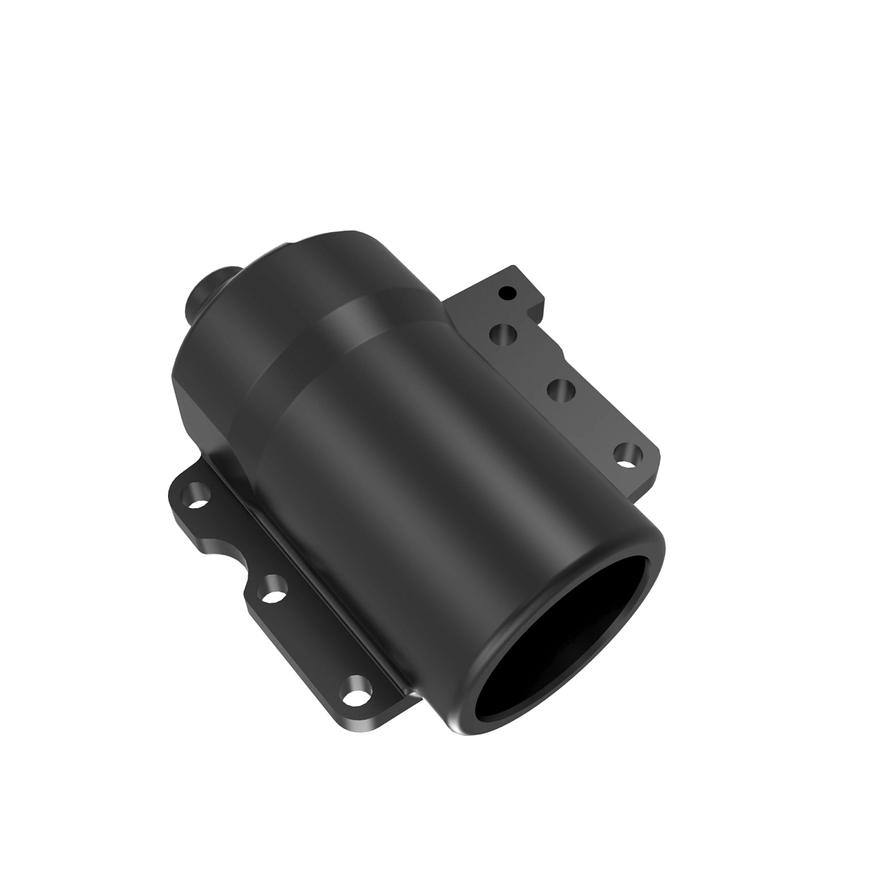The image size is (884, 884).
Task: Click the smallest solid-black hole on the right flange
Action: [x=505, y=293]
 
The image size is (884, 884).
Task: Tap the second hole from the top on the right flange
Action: [x=504, y=335]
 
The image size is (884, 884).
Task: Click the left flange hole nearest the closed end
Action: [x=196, y=492]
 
